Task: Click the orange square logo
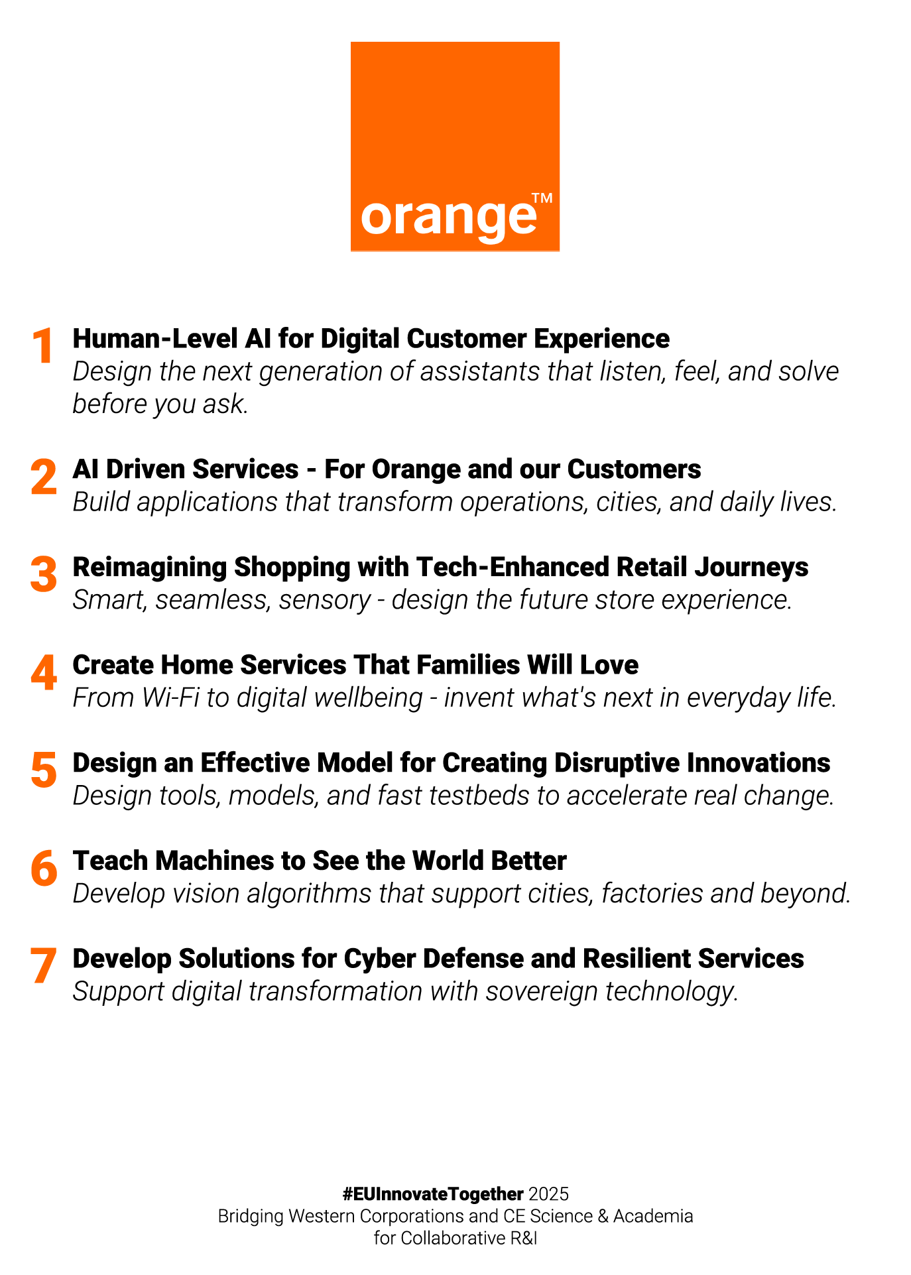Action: click(455, 147)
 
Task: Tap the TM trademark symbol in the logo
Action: click(542, 198)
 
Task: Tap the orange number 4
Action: click(44, 672)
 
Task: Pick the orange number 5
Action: click(44, 770)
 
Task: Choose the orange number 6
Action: click(44, 869)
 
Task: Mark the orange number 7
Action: click(44, 966)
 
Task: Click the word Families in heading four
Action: click(440, 665)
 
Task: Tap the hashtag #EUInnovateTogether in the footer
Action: click(433, 1194)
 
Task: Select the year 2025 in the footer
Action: click(549, 1194)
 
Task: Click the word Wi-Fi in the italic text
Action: click(170, 698)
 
